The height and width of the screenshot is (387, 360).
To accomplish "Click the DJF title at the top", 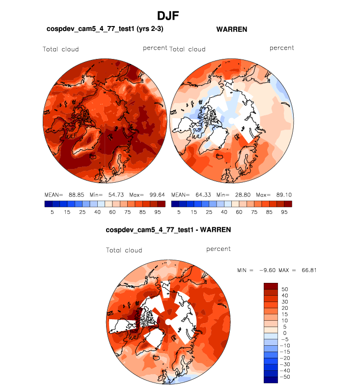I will point(168,16).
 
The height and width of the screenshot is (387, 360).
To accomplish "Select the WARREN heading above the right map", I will point(231,29).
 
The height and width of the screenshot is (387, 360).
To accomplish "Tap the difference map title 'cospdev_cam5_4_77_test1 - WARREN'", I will point(168,229).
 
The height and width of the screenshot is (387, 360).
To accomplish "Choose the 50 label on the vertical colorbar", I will point(285,289).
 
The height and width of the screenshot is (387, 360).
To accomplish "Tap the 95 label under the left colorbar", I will point(156,212).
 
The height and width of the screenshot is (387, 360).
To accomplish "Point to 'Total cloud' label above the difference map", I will point(124,250).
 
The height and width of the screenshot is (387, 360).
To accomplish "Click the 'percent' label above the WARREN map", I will point(281,48).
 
